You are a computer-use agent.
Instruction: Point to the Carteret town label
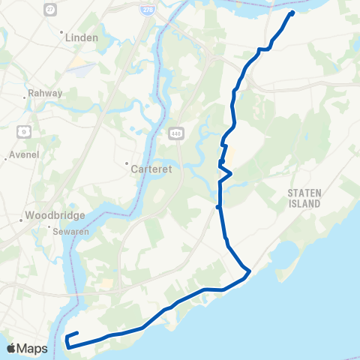tap(151, 169)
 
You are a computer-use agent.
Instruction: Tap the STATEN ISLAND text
tap(304, 198)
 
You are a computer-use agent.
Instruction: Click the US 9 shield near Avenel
tap(24, 130)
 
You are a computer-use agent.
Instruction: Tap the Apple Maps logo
tap(26, 348)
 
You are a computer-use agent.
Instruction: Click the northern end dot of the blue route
tap(292, 13)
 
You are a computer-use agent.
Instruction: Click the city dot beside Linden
tap(61, 33)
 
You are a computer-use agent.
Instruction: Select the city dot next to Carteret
tap(127, 163)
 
